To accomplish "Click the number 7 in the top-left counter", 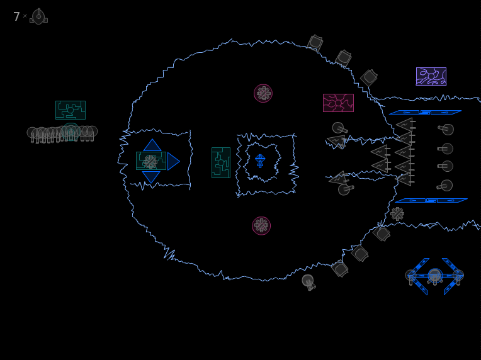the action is (16, 16).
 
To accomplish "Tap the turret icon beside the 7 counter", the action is (38, 16).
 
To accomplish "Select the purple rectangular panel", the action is (431, 76).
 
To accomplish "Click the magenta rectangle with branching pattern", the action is (338, 103).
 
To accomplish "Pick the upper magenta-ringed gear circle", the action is (263, 93).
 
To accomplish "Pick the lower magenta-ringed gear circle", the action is (261, 226).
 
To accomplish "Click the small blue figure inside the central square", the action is (260, 160).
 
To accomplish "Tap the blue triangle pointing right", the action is (173, 161).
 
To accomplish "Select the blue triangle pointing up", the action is (152, 145).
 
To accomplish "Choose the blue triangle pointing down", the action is (151, 177).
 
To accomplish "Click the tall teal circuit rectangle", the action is (221, 162).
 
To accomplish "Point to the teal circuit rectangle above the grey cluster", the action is (71, 110).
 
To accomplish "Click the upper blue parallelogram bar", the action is (425, 112).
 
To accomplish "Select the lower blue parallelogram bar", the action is (431, 201).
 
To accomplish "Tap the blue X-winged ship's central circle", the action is (434, 275).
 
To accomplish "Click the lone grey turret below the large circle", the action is (308, 282).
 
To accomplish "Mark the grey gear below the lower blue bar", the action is (397, 214).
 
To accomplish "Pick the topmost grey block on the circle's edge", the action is (315, 43).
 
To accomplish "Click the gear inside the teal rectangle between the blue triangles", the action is (150, 162).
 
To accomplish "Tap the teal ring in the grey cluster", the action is (71, 132).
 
